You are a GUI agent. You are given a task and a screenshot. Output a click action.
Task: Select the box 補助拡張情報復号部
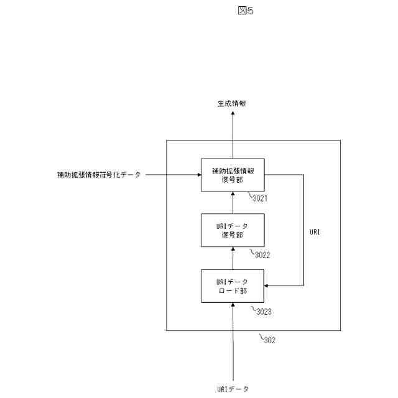pos(233,175)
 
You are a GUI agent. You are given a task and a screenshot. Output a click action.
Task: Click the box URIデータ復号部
pos(233,230)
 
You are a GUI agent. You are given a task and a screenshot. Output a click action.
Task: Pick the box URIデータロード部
pos(233,286)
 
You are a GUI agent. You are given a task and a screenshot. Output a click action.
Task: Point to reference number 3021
pos(259,200)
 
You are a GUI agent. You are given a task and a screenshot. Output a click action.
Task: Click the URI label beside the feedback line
pos(315,231)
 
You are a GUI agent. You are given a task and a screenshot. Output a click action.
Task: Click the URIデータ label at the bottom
pos(233,389)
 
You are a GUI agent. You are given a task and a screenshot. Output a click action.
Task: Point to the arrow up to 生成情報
pos(233,134)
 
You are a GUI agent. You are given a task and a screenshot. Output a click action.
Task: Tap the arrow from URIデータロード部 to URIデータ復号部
pos(233,258)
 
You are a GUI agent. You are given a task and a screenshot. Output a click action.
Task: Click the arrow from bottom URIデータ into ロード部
pos(233,342)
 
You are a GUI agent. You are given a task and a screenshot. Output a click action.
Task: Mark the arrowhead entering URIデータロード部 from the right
pos(268,286)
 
